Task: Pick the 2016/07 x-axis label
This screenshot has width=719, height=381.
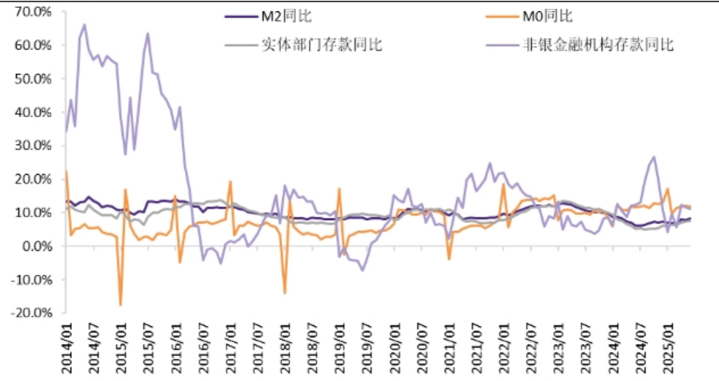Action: [x=204, y=346]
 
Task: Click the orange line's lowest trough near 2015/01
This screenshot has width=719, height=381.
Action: [x=121, y=305]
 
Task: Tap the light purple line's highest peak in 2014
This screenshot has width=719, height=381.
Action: [x=85, y=25]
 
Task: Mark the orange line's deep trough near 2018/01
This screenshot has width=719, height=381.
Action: [x=284, y=293]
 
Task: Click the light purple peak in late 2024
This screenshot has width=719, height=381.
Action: [x=654, y=156]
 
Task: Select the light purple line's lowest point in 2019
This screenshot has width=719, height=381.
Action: [x=363, y=270]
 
